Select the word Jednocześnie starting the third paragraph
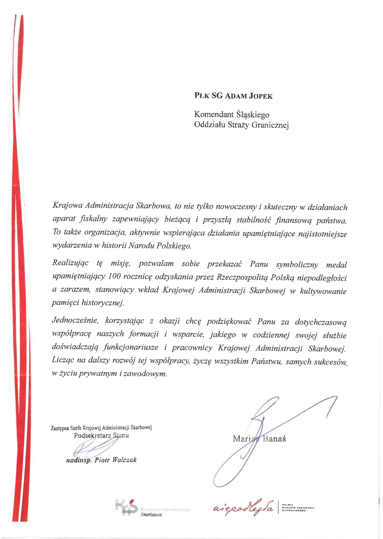(75, 321)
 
